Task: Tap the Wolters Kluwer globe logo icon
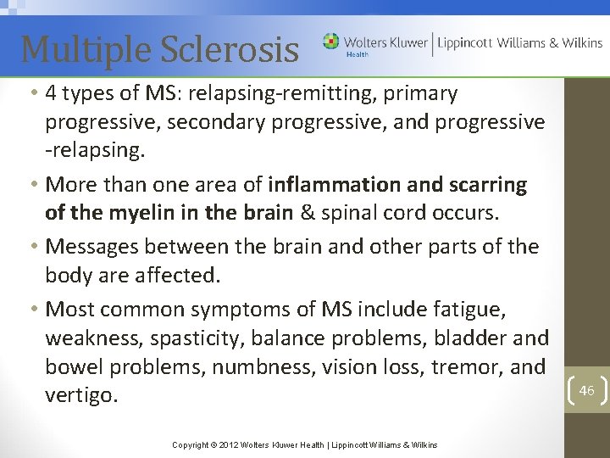tap(330, 42)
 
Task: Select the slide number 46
tap(586, 390)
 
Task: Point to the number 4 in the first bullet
tap(53, 93)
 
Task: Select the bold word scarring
tap(487, 184)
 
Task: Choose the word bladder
tap(470, 338)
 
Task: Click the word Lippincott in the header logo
tap(464, 42)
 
